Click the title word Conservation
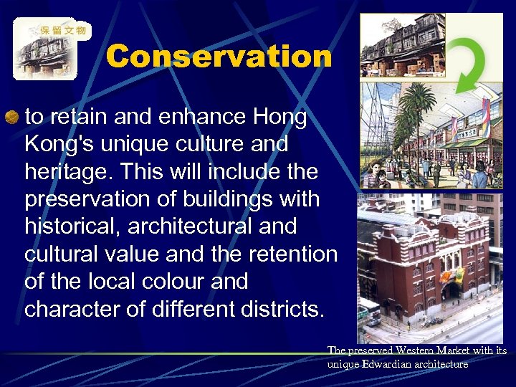pos(219,57)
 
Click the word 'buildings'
pos(236,199)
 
